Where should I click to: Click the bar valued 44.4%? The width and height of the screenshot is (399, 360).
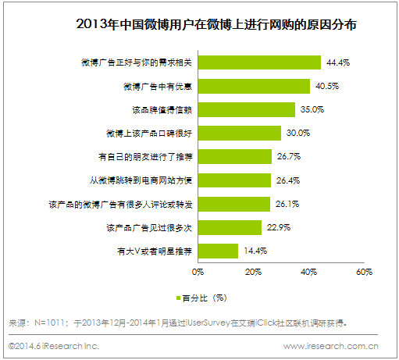pyautogui.click(x=258, y=62)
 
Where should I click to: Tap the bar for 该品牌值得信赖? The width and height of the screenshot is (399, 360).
pyautogui.click(x=245, y=109)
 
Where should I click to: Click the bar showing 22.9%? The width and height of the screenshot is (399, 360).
pyautogui.click(x=229, y=227)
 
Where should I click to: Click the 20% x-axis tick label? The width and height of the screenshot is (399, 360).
pyautogui.click(x=253, y=273)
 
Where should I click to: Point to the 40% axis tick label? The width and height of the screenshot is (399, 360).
pyautogui.click(x=308, y=273)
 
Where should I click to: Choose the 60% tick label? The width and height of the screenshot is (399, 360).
pyautogui.click(x=364, y=273)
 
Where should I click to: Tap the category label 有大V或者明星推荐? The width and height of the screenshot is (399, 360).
pyautogui.click(x=152, y=251)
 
